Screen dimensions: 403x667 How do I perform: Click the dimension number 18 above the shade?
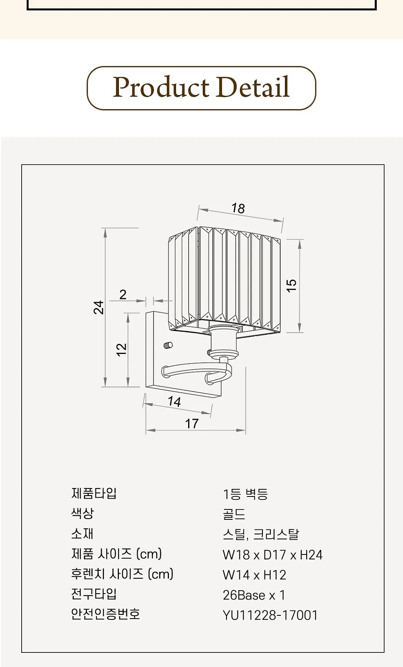[x=238, y=208]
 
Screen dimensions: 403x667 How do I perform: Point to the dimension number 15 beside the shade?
[x=292, y=286]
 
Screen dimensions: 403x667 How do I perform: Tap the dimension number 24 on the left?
[x=98, y=307]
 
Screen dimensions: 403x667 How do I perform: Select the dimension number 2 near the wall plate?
[x=123, y=294]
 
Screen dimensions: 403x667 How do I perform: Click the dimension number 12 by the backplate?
[x=122, y=350]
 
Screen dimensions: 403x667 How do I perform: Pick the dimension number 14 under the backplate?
[x=174, y=402]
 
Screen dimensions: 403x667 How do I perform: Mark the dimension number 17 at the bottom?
[x=191, y=424]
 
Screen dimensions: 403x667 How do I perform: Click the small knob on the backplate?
[x=168, y=345]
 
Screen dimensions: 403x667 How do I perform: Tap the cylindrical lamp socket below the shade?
[x=224, y=341]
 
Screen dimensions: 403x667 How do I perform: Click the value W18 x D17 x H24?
[x=272, y=555]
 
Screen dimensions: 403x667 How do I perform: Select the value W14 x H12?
[x=254, y=575]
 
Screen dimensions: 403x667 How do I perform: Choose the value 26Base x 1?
[x=254, y=595]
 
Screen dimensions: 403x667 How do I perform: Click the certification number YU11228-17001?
[x=270, y=615]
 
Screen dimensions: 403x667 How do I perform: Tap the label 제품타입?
[x=94, y=493]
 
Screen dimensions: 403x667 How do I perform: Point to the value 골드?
[x=234, y=514]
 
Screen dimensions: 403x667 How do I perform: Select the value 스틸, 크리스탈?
[x=260, y=534]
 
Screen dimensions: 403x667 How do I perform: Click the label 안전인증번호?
[x=106, y=614]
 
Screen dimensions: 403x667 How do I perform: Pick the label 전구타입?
[x=94, y=594]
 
